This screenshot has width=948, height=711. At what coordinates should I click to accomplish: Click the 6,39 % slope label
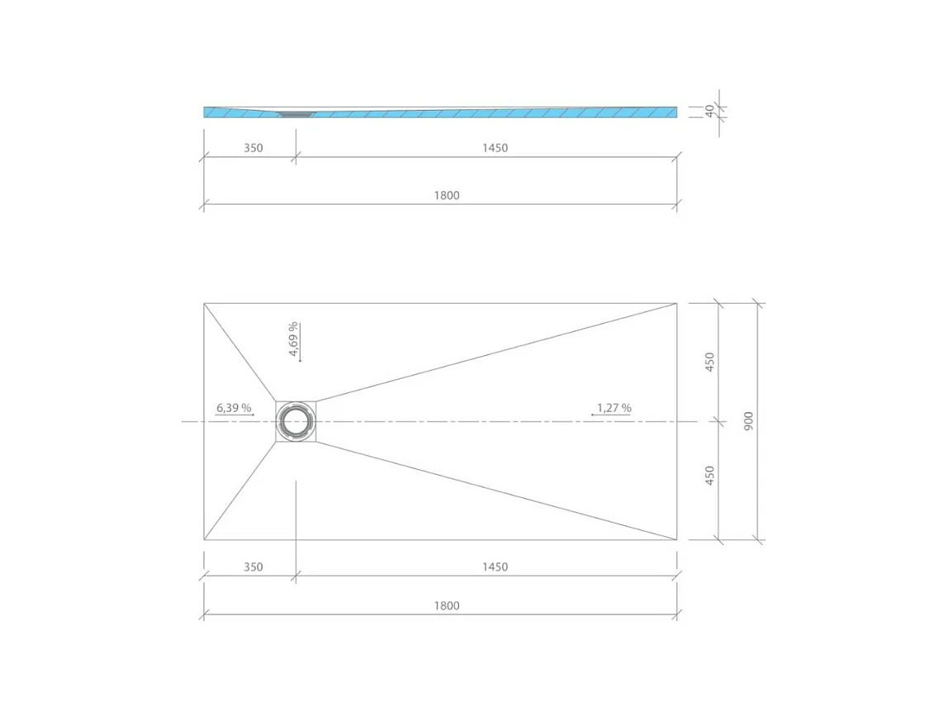[x=234, y=408]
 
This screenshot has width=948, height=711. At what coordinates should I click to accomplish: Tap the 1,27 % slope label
[x=614, y=408]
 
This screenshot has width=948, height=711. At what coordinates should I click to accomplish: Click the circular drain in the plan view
[x=295, y=421]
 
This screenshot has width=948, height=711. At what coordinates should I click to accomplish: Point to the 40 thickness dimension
[x=709, y=111]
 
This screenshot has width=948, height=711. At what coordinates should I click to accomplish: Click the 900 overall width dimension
[x=748, y=421]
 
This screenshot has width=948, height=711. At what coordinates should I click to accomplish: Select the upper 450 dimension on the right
[x=709, y=362]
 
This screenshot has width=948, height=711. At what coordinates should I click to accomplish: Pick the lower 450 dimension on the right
[x=709, y=476]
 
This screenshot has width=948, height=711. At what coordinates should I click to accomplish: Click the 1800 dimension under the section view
[x=446, y=196]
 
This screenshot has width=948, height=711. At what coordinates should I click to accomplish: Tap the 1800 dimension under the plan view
[x=446, y=605]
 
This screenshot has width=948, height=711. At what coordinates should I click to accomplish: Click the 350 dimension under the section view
[x=253, y=149]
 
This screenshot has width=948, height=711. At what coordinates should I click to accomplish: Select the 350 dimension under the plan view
[x=253, y=567]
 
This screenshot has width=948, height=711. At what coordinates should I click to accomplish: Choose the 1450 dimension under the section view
[x=495, y=149]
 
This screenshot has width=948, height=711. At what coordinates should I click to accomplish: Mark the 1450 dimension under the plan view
[x=495, y=567]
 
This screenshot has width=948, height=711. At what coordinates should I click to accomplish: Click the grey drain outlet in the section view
[x=293, y=115]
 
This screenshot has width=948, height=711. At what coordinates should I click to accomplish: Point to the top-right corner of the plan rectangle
[x=677, y=303]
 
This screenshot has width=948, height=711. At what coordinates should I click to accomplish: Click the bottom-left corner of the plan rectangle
[x=204, y=540]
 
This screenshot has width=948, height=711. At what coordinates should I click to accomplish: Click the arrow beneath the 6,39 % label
[x=235, y=415]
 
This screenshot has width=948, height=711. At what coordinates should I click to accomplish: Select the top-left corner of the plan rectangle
[x=204, y=303]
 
